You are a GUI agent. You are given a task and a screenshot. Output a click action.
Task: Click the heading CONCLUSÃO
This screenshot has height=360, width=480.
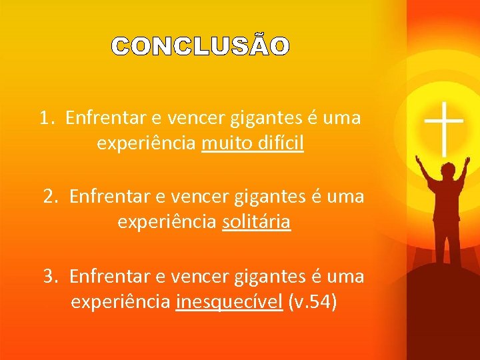point(200,47)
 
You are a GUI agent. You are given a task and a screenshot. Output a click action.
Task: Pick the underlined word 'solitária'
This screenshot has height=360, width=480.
point(256,222)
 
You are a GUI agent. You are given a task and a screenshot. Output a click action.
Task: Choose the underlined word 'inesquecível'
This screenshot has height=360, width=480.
point(229,302)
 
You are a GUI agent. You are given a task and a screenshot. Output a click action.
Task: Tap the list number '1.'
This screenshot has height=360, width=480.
point(45,119)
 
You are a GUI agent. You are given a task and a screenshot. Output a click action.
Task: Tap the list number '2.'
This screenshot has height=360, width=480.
point(50,197)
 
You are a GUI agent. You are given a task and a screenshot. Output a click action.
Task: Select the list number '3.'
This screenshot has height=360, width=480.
point(50,276)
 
